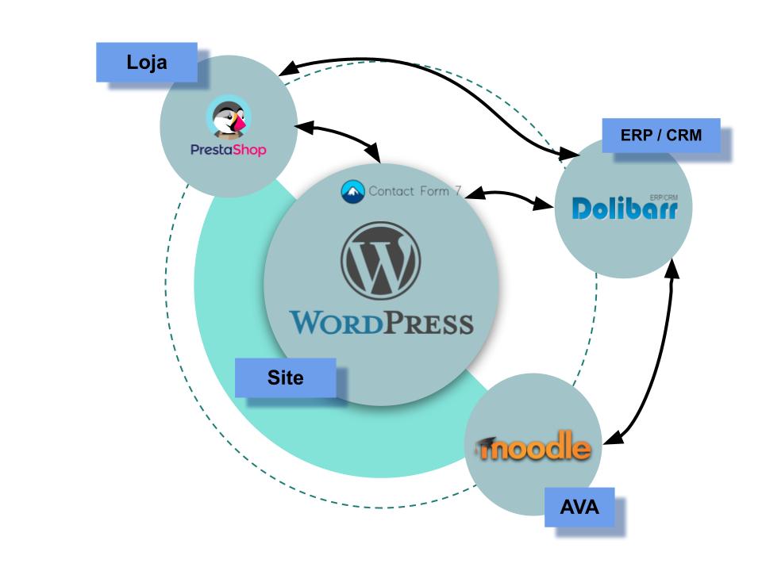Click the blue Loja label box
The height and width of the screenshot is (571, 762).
pyautogui.click(x=147, y=63)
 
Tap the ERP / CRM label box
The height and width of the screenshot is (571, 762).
pyautogui.click(x=661, y=136)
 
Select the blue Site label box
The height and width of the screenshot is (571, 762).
pyautogui.click(x=285, y=377)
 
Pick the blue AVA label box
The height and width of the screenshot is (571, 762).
pyautogui.click(x=579, y=508)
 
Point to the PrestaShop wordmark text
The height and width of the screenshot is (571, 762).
pyautogui.click(x=229, y=149)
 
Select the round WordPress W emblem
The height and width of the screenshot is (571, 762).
pyautogui.click(x=381, y=261)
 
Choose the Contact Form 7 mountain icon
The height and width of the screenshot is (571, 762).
pyautogui.click(x=352, y=191)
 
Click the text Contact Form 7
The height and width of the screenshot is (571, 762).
pyautogui.click(x=414, y=191)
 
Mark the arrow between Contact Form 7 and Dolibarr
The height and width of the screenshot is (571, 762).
pyautogui.click(x=508, y=198)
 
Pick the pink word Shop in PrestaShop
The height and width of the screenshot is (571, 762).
pyautogui.click(x=248, y=150)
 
